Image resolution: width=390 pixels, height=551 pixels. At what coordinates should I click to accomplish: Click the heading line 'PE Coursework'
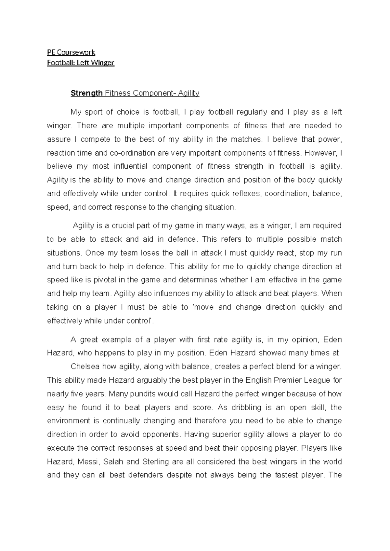point(71,52)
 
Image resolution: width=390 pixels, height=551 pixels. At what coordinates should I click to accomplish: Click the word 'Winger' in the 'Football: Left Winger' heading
point(103,63)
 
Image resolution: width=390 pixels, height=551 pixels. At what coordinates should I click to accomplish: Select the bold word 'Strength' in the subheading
point(86,93)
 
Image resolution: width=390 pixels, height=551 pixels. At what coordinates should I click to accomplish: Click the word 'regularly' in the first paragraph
point(252,112)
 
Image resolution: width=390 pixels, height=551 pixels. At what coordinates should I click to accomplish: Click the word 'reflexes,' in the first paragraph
point(247,194)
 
